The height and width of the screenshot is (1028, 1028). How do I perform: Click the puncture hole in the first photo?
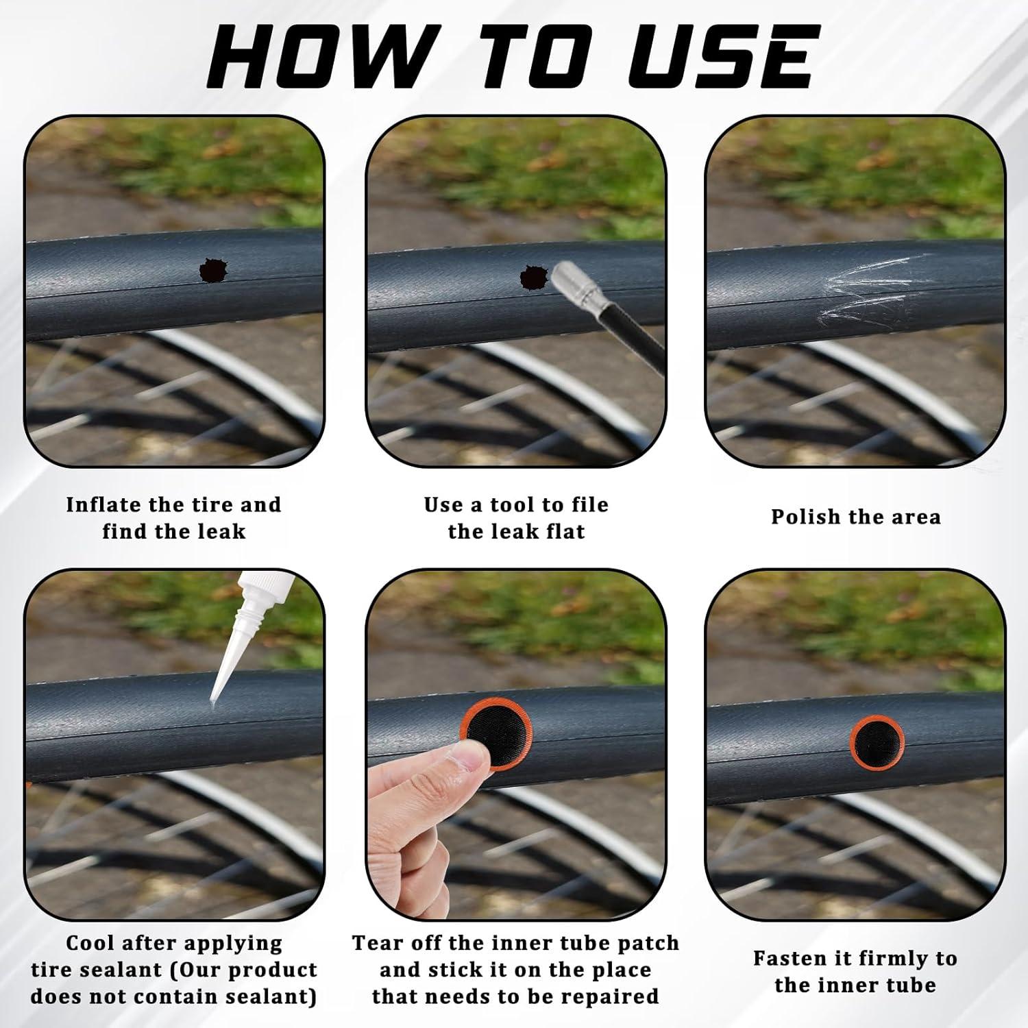coord(216,270)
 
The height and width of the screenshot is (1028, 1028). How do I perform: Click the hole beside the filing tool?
coord(535,277)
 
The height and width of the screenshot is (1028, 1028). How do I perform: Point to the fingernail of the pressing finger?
coord(471,758)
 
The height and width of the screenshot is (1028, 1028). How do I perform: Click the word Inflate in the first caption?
coord(103,505)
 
